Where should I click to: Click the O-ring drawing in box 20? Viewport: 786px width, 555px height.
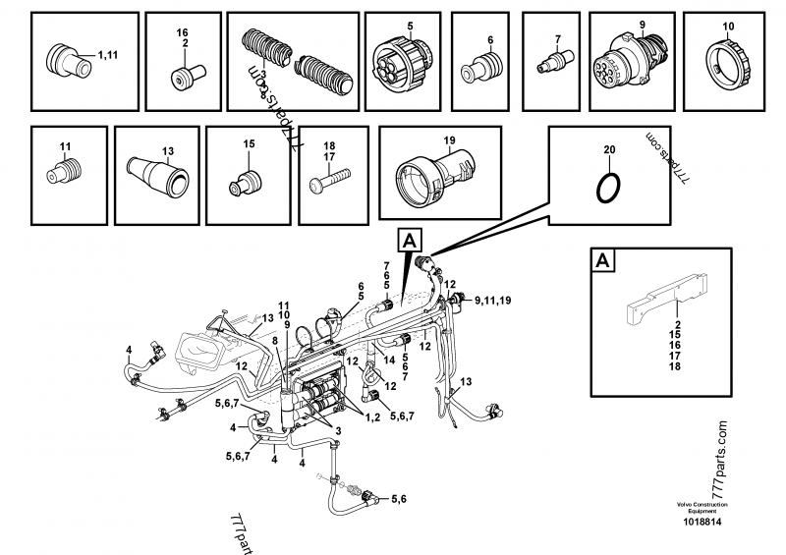point(608,184)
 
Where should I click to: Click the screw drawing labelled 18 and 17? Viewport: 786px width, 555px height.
point(330,181)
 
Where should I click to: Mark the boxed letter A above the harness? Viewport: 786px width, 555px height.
point(408,239)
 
